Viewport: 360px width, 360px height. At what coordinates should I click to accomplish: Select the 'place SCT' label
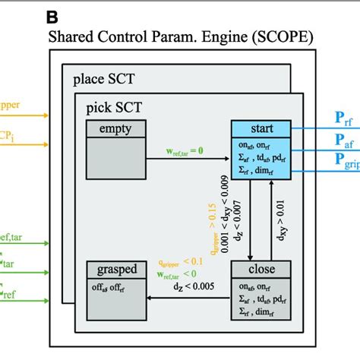click(x=104, y=79)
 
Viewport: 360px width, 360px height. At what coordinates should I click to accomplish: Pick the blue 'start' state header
click(x=261, y=129)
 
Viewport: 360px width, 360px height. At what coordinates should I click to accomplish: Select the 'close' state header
click(x=261, y=269)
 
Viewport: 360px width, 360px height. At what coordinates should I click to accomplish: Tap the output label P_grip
click(x=346, y=162)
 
